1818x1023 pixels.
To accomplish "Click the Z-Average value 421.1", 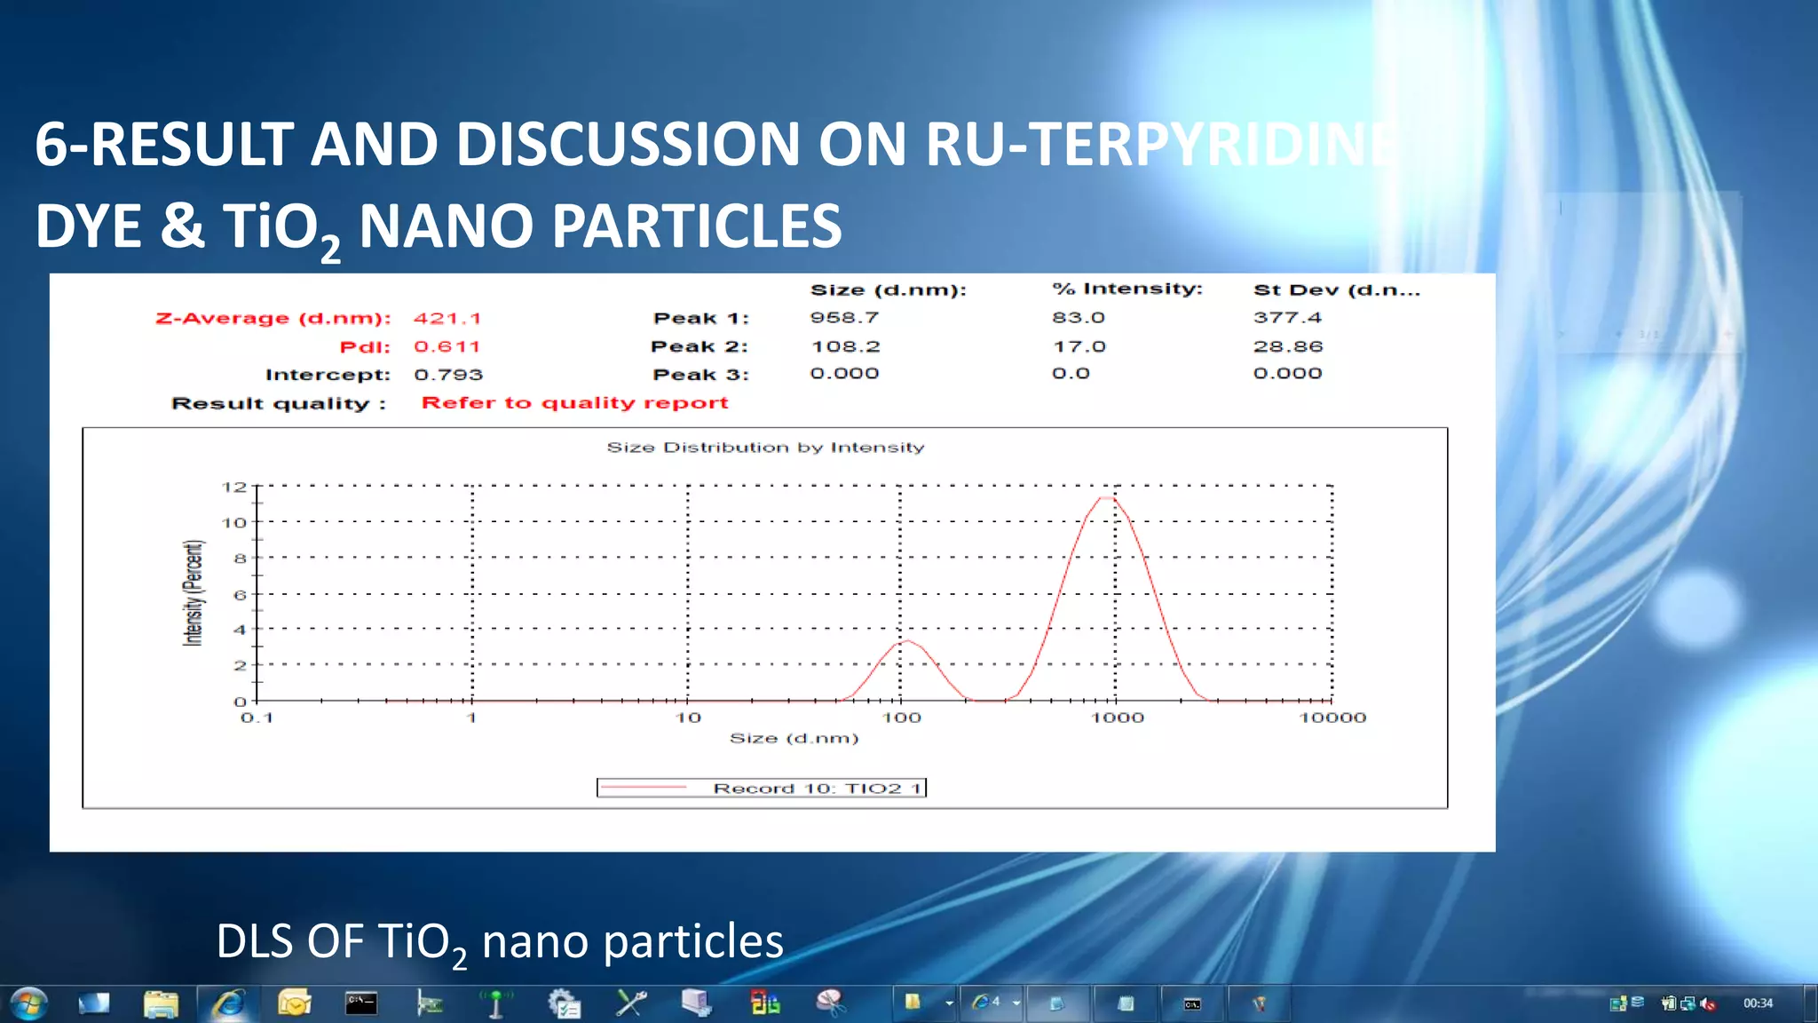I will pos(447,318).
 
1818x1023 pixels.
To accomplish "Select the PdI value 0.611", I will pos(447,346).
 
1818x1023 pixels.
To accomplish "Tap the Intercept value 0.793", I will pos(448,375).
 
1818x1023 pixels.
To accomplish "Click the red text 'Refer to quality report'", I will pos(574,403).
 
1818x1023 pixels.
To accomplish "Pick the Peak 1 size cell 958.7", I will pos(843,318).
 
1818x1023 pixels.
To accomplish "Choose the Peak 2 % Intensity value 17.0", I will pos(1079,346).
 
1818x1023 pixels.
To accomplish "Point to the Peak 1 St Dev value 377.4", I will pos(1287,318).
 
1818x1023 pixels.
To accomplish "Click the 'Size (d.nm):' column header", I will pos(888,290).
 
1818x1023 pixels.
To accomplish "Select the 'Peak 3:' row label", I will pos(700,375).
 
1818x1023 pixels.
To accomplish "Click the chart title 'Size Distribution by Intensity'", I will pos(765,448).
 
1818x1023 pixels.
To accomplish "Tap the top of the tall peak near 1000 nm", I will pos(1106,498).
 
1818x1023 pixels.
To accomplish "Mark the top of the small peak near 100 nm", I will pos(905,641).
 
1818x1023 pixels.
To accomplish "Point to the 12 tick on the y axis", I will pos(233,487).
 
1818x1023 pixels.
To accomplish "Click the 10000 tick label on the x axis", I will pos(1332,718).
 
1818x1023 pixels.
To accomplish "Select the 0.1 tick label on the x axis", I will pos(257,718).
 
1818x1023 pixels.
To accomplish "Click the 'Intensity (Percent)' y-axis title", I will pos(193,593).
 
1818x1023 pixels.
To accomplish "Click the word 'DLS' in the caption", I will pos(257,941).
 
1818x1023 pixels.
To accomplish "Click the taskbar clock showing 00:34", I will pos(1758,1003).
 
